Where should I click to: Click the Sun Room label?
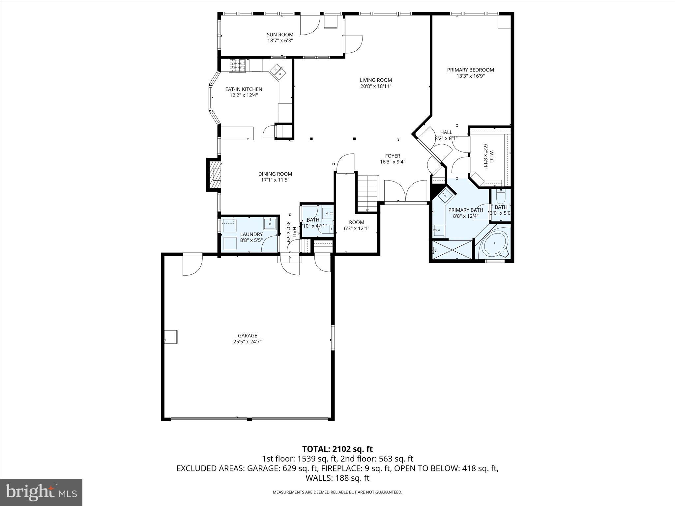click(x=280, y=35)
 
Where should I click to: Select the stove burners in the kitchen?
click(x=238, y=65)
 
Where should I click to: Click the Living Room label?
click(x=376, y=80)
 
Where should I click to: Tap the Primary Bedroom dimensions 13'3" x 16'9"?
click(x=470, y=76)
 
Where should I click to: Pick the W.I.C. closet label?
click(x=491, y=155)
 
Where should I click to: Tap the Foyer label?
click(x=392, y=156)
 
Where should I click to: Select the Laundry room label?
click(x=251, y=234)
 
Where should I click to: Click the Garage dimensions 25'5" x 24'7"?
click(x=247, y=342)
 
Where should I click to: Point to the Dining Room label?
click(x=275, y=174)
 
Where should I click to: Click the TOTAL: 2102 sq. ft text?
click(x=337, y=449)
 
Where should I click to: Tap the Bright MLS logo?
click(x=41, y=492)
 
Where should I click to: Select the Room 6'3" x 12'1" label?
click(x=356, y=222)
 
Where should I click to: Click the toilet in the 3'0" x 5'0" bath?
click(x=501, y=198)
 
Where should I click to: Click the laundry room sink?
click(x=270, y=223)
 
